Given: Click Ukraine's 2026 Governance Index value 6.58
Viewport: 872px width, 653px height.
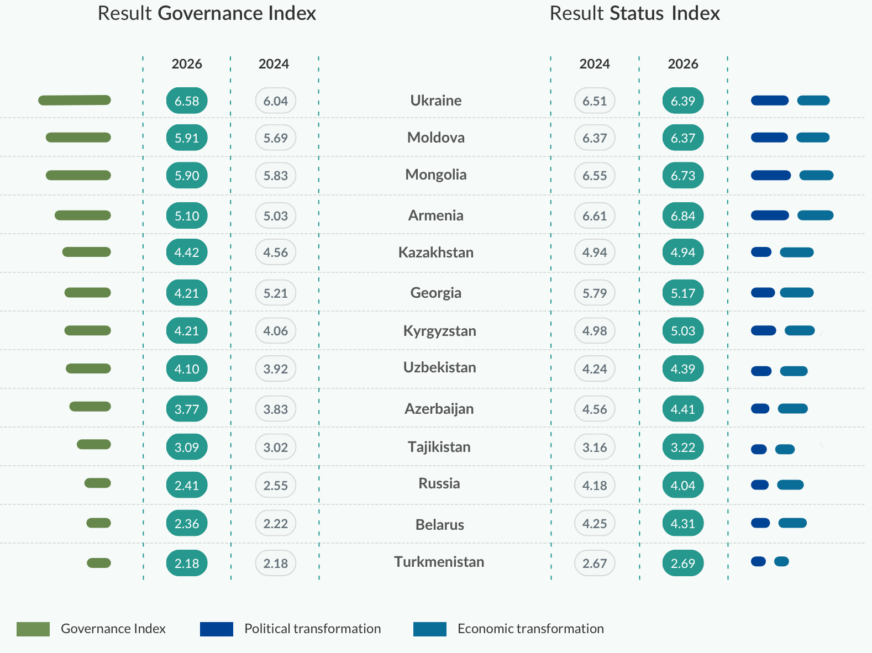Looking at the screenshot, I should (187, 101).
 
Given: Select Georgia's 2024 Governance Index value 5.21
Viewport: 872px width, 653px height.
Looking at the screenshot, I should (275, 293).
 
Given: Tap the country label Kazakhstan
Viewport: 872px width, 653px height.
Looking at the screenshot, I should (435, 252).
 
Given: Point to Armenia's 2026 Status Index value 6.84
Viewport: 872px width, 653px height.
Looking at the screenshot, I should (683, 215).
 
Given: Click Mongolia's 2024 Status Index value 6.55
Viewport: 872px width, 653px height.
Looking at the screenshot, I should (595, 176).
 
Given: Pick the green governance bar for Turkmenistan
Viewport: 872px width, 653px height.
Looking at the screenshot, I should (99, 563).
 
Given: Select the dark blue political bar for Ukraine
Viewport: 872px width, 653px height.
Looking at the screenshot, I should (770, 101).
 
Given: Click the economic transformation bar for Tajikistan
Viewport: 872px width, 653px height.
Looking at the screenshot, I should (785, 449).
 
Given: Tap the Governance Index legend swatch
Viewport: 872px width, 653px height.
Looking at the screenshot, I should (33, 629).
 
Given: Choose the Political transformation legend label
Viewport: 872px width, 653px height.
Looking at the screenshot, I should (312, 629).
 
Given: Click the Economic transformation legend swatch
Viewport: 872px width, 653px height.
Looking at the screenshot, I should (429, 629).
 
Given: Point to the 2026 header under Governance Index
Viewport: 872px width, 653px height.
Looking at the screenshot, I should (187, 64).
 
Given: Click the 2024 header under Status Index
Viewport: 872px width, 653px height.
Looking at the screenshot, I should (595, 64).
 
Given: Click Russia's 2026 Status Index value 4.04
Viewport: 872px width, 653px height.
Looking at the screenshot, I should (683, 485).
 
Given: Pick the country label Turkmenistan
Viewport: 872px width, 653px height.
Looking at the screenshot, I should (439, 562).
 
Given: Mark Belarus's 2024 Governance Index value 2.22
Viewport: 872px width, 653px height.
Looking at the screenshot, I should (275, 523).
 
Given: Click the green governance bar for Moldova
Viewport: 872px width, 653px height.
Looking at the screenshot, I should (78, 138).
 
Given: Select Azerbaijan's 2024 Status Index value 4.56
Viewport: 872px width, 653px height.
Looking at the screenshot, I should (595, 409).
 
